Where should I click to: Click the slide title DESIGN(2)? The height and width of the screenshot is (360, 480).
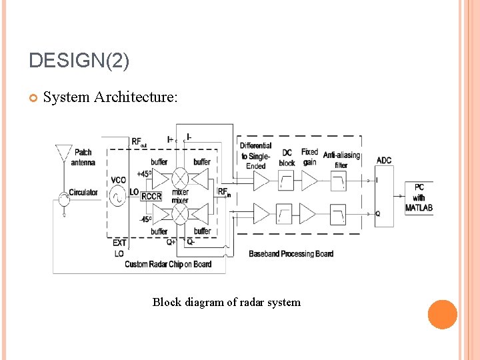(79, 61)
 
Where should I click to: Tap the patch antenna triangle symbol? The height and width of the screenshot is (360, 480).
(63, 153)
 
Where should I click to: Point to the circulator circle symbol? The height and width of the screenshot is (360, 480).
(63, 195)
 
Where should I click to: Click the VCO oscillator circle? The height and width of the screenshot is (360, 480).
(118, 196)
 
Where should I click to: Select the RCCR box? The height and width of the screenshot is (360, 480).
(151, 197)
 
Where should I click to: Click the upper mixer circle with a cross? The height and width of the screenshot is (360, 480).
(180, 178)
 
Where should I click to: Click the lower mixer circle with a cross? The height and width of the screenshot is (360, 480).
(180, 213)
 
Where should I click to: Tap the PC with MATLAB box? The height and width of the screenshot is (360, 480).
(419, 197)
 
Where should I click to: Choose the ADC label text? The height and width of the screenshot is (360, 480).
(384, 160)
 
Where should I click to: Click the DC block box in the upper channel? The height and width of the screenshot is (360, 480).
(286, 181)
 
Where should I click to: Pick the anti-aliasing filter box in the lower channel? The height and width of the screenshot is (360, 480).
(339, 214)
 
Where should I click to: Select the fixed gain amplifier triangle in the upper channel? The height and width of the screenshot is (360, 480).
(309, 181)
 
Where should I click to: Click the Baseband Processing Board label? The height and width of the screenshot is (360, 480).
(291, 254)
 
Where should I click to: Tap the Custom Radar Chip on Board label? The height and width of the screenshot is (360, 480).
(168, 264)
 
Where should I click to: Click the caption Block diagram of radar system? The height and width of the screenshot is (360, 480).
(227, 302)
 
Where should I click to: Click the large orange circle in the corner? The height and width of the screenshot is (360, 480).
(443, 314)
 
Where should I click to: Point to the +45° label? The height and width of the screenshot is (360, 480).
(144, 174)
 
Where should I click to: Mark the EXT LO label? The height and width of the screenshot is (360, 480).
(119, 249)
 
